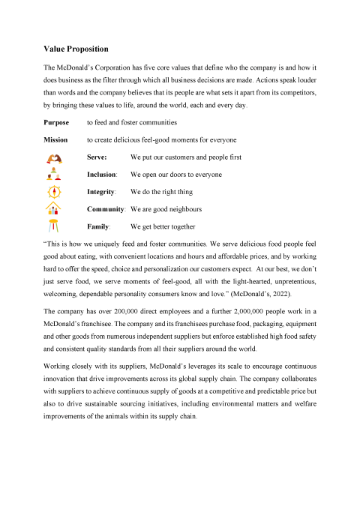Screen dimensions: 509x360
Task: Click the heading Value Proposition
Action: tap(76, 49)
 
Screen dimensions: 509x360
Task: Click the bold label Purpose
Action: tap(58, 122)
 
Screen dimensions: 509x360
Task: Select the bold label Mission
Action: tap(57, 140)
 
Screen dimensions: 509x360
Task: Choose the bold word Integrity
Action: tap(100, 192)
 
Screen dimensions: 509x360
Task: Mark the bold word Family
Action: tap(98, 226)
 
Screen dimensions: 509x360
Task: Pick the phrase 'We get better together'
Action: tap(163, 226)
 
